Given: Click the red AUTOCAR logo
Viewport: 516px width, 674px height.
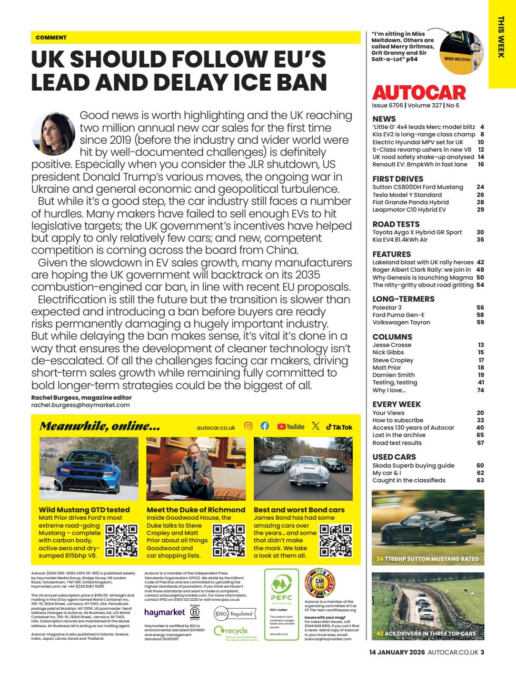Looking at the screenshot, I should point(419,93).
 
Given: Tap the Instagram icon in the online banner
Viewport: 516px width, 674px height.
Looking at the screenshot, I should point(249,427).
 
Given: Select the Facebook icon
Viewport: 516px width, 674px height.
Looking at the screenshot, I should point(265,427).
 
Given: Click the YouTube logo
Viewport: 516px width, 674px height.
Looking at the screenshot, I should point(291,427).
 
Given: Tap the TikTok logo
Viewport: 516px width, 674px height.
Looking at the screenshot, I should point(339,427).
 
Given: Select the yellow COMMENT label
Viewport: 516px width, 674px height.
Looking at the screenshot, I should point(51,38).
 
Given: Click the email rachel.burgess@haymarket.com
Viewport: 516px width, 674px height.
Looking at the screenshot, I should point(80,405).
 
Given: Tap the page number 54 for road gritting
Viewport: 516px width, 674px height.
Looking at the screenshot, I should point(480,285).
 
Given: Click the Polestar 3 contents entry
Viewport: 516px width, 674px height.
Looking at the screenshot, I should point(387,308).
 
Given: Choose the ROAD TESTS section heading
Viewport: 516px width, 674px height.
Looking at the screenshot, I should point(396,224).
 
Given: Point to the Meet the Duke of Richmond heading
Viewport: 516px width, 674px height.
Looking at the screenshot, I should point(196,510).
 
